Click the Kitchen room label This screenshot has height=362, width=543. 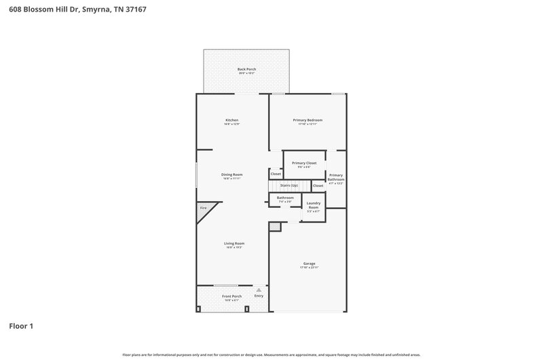232,120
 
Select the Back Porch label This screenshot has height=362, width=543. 246,69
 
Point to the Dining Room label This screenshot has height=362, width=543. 232,175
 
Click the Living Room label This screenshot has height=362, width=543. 234,243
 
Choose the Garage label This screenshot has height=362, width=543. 309,264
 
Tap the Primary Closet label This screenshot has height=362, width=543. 304,163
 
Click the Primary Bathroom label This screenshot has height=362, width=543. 336,178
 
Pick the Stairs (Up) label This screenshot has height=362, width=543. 289,185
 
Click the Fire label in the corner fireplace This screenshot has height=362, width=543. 203,208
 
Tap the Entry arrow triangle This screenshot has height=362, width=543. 259,290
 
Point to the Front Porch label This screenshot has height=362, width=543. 232,297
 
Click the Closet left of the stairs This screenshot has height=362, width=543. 276,174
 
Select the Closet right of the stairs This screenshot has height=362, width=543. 318,185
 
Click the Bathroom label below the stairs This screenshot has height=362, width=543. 285,198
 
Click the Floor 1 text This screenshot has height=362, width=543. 21,326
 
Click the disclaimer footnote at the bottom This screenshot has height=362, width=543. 271,355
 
